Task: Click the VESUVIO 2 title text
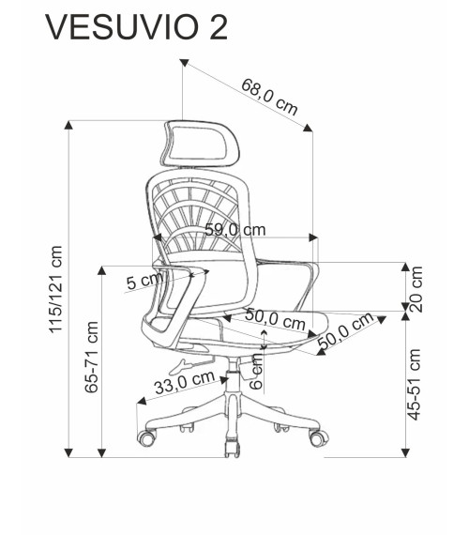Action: pyautogui.click(x=136, y=27)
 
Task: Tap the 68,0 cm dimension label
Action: pyautogui.click(x=269, y=97)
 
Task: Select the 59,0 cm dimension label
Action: pyautogui.click(x=235, y=230)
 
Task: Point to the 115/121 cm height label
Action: pyautogui.click(x=55, y=289)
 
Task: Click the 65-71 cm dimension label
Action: pyautogui.click(x=91, y=357)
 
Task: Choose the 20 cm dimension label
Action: pyautogui.click(x=416, y=289)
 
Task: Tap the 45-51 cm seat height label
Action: pyautogui.click(x=415, y=384)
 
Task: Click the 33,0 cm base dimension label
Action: pyautogui.click(x=185, y=382)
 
